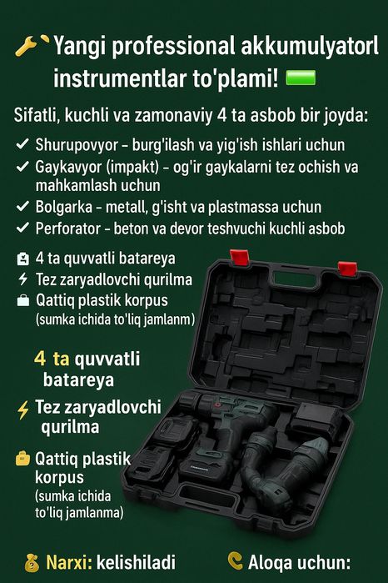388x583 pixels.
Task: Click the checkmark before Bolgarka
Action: coord(23,206)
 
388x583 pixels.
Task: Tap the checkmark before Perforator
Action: coord(23,227)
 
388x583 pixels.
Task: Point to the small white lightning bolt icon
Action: coord(22,279)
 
